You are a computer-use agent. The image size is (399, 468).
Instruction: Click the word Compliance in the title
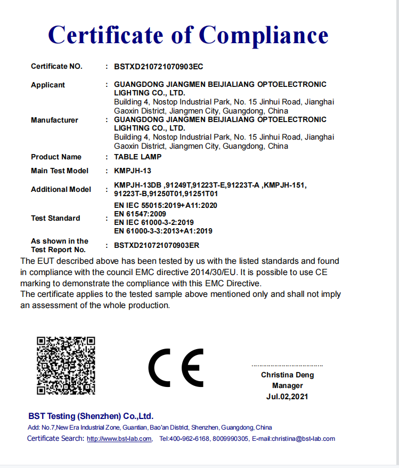click(264, 35)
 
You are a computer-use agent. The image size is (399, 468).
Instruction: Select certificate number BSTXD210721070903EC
click(159, 67)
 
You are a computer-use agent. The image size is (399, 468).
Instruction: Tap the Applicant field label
click(48, 85)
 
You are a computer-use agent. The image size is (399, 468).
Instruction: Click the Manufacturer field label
click(54, 120)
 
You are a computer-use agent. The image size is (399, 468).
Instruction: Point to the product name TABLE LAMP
click(137, 157)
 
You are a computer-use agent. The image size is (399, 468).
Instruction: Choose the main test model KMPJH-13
click(133, 171)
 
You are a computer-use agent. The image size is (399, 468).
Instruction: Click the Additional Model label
click(61, 190)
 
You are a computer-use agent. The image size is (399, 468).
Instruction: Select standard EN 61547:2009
click(140, 214)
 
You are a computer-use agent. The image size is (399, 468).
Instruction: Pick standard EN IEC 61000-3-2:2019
click(154, 222)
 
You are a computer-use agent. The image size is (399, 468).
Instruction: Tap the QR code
click(66, 365)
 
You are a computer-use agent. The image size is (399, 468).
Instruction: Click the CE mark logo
click(176, 368)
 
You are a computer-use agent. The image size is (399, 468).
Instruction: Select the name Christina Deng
click(287, 375)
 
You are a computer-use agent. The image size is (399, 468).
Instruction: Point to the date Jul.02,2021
click(287, 397)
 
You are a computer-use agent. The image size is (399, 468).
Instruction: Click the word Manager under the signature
click(287, 386)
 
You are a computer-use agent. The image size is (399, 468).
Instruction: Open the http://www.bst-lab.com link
click(119, 439)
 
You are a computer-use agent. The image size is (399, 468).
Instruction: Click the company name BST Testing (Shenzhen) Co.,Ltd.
click(91, 416)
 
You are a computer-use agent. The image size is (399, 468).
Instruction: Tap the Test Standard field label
click(55, 219)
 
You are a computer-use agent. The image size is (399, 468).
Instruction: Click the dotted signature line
click(287, 366)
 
